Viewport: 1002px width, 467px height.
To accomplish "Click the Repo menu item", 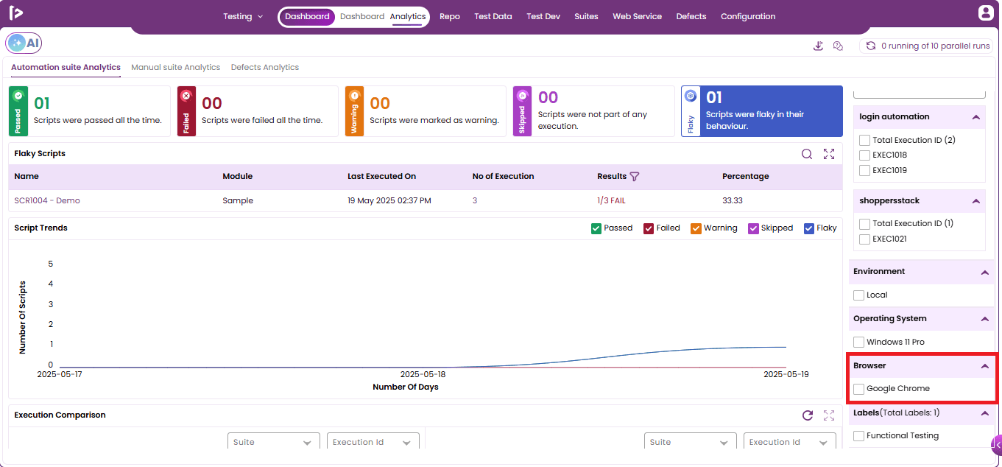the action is coord(450,16).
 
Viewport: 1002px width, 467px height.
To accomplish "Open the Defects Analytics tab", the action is coord(265,67).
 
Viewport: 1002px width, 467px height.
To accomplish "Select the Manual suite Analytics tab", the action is coord(175,67).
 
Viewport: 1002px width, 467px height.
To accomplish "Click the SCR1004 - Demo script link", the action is coord(47,200).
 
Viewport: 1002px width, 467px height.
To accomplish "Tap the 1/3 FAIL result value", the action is coord(611,200).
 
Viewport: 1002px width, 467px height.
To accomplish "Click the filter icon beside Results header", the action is coord(635,176).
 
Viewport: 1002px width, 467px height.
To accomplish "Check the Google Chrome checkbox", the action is coord(858,389).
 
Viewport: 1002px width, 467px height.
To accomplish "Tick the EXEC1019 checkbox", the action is coord(864,171).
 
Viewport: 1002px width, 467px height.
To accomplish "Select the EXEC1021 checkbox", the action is coord(864,239).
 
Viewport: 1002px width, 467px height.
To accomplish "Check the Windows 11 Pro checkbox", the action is coord(858,342).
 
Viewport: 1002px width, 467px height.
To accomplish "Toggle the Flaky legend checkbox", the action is coord(809,228).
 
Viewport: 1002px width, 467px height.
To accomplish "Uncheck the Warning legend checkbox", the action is coord(696,228).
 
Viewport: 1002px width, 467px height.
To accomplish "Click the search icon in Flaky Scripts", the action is coord(806,154).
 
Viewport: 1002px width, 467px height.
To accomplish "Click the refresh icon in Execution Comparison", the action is coord(808,415).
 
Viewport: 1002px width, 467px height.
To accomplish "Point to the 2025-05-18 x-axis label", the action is coord(423,374).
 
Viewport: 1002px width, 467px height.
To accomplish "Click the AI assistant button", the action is coord(24,43).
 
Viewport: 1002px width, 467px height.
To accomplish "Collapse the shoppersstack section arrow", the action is coord(976,201).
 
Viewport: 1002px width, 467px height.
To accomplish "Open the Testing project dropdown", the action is coord(243,16).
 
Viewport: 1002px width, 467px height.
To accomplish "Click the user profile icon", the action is coord(986,13).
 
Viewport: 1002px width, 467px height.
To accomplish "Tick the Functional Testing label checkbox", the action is coord(858,435).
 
